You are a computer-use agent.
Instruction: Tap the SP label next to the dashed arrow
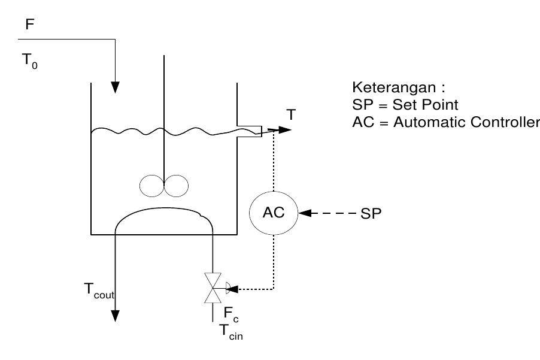point(371,213)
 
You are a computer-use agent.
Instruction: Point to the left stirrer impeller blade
point(151,186)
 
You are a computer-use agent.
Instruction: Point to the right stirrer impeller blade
point(175,186)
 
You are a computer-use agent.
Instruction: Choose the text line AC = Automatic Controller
point(445,123)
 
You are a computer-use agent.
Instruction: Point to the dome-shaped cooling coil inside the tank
point(164,213)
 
